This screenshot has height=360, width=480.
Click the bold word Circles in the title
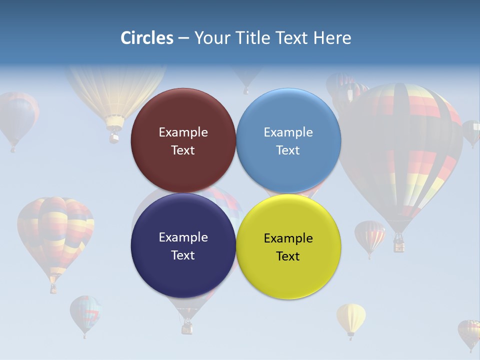tap(147, 38)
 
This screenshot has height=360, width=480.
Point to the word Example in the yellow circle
tap(288, 238)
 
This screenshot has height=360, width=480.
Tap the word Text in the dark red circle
tap(183, 150)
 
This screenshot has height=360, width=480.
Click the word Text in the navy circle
tap(183, 255)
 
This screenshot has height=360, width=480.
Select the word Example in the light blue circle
tap(288, 132)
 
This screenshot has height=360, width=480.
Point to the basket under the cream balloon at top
tap(114, 136)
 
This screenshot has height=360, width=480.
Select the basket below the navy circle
tap(187, 327)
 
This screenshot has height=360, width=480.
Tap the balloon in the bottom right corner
tap(469, 332)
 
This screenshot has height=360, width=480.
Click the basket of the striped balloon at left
tap(53, 288)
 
